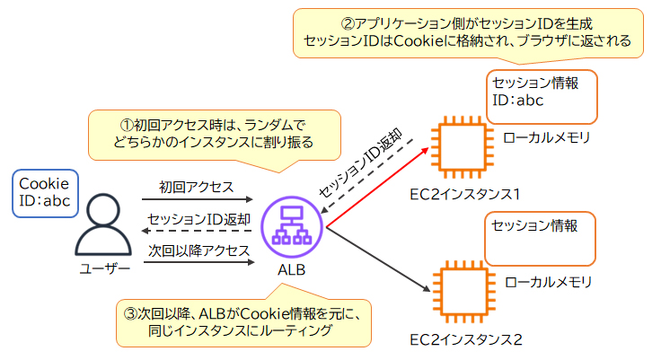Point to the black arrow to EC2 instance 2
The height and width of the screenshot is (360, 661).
377,260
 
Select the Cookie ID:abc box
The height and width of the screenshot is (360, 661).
46,192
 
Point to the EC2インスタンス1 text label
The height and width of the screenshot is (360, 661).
465,194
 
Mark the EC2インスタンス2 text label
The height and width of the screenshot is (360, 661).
465,338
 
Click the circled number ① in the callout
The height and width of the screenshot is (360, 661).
126,124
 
